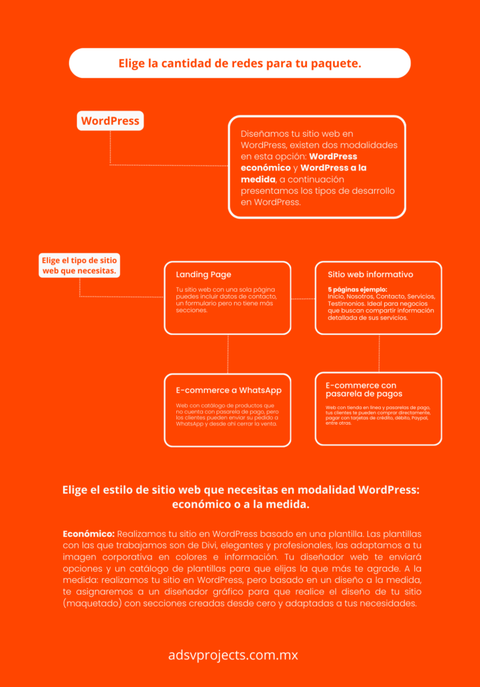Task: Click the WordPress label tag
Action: pyautogui.click(x=110, y=121)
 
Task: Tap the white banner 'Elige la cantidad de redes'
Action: pyautogui.click(x=239, y=64)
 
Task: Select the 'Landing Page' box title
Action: pyautogui.click(x=203, y=274)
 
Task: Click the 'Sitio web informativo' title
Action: pyautogui.click(x=370, y=274)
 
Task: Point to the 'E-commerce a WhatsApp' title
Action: pyautogui.click(x=229, y=390)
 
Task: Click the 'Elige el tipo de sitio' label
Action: pyautogui.click(x=79, y=266)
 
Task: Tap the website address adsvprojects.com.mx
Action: pyautogui.click(x=233, y=655)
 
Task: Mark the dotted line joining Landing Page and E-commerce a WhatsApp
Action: pyautogui.click(x=228, y=354)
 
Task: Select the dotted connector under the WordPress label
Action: pyautogui.click(x=110, y=148)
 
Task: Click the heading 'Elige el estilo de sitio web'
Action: pyautogui.click(x=240, y=490)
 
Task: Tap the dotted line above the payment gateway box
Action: pyautogui.click(x=379, y=353)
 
